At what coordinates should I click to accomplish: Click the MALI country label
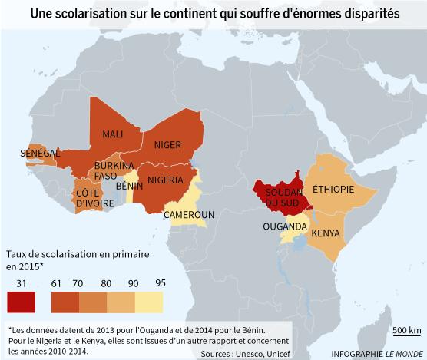(x=114, y=134)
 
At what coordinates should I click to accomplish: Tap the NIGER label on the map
(x=167, y=145)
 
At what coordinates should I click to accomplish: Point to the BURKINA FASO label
(x=114, y=170)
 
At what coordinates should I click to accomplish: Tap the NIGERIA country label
(x=165, y=180)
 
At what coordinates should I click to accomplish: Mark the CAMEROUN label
(x=189, y=215)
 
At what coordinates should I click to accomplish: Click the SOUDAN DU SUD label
(x=280, y=197)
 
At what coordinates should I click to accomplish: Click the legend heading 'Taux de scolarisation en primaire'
(x=76, y=253)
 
